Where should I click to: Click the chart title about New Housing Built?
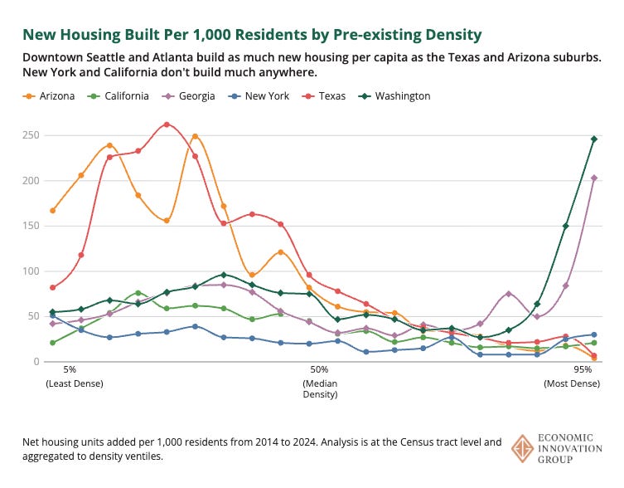click(x=252, y=34)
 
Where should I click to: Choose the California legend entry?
click(x=120, y=96)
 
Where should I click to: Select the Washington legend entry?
click(x=396, y=96)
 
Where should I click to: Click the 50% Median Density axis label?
click(x=320, y=381)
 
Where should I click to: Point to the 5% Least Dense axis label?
click(x=70, y=376)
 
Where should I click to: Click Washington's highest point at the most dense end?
click(x=594, y=139)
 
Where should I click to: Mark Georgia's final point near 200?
click(x=594, y=178)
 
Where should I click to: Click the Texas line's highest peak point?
click(x=167, y=124)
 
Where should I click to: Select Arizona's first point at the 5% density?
click(x=53, y=211)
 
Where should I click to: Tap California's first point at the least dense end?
click(x=53, y=343)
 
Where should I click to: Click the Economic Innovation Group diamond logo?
click(x=523, y=446)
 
